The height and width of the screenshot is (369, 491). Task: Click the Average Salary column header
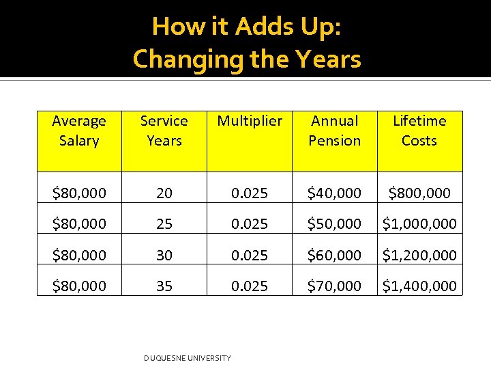click(79, 131)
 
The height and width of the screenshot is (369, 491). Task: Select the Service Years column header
click(164, 131)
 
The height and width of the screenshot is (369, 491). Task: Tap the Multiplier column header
click(250, 121)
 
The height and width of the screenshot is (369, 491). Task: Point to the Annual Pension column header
click(334, 131)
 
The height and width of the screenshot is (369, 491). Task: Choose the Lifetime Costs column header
click(419, 131)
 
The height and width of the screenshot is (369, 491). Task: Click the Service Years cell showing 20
click(164, 193)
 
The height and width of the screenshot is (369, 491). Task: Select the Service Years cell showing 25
click(164, 224)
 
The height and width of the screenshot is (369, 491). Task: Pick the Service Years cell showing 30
click(164, 255)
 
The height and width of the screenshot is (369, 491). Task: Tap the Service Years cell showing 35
click(164, 286)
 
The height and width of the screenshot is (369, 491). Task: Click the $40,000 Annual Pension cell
click(334, 193)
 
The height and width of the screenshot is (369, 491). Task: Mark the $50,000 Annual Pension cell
click(334, 224)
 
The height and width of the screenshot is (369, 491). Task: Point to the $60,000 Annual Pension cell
click(334, 255)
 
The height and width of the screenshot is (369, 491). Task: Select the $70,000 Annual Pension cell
click(334, 286)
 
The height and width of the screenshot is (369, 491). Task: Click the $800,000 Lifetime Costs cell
click(419, 193)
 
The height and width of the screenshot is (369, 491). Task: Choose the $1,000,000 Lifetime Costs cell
click(419, 224)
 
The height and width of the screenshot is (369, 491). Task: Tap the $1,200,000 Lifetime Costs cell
click(419, 255)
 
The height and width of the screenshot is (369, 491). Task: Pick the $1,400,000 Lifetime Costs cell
click(419, 286)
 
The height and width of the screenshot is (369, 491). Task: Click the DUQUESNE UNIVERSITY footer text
click(188, 358)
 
